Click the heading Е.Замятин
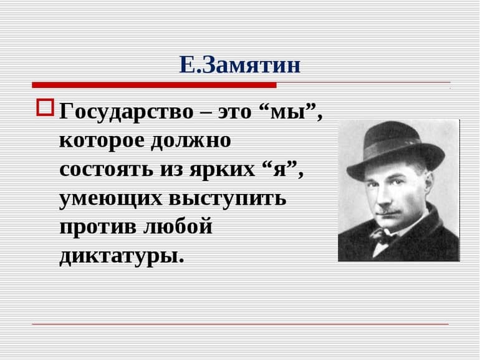click(239, 64)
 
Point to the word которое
click(100, 141)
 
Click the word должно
click(190, 141)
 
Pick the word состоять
click(106, 170)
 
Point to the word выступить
click(226, 199)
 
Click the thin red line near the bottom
click(240, 324)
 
